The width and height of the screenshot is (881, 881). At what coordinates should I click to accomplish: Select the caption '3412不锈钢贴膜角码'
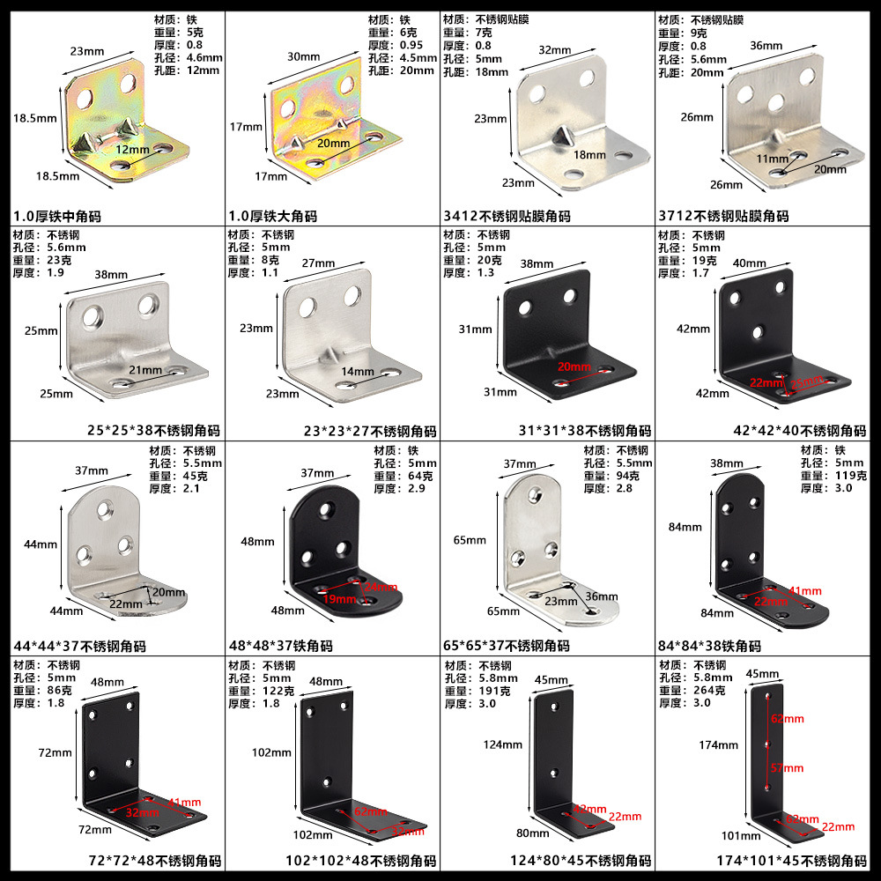pos(507,216)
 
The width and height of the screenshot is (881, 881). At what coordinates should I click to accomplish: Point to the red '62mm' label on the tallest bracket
pos(788,719)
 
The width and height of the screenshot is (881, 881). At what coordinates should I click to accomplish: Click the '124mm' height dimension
pos(503,745)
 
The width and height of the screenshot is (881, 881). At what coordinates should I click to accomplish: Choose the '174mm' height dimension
pos(718,745)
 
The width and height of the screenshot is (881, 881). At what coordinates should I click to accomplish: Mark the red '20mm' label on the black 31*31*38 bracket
pos(574,366)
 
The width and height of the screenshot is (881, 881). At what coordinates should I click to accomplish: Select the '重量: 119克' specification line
pos(834,476)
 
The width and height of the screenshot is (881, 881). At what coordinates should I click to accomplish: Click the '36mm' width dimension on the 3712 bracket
pos(766,45)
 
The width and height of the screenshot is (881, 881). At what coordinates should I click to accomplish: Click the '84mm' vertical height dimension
pos(685,528)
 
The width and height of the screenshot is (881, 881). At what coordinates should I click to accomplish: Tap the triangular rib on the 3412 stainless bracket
pos(563,137)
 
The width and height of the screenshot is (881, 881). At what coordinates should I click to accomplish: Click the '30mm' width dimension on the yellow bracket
pos(304,56)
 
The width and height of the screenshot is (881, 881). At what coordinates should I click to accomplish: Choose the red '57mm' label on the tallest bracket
pos(788,768)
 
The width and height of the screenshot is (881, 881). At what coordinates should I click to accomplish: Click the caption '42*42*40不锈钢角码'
pos(800,431)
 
